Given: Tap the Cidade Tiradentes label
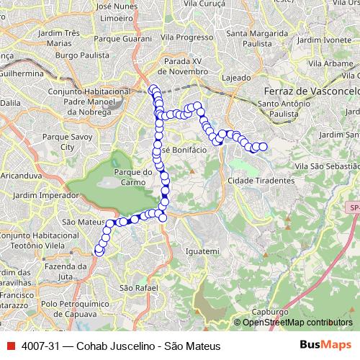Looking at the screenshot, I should point(261,180).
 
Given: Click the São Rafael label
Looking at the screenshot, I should point(132,288).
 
